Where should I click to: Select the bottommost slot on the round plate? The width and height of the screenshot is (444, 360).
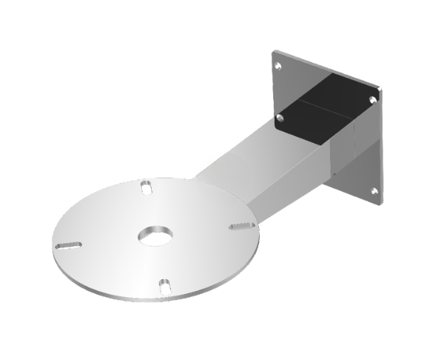point(166,284)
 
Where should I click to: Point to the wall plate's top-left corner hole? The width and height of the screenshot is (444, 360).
point(279,65)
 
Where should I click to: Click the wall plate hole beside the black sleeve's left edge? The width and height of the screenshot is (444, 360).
point(280,117)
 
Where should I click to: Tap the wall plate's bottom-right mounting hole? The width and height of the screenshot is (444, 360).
point(374,191)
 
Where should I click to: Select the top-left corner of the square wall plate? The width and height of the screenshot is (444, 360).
point(274,52)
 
